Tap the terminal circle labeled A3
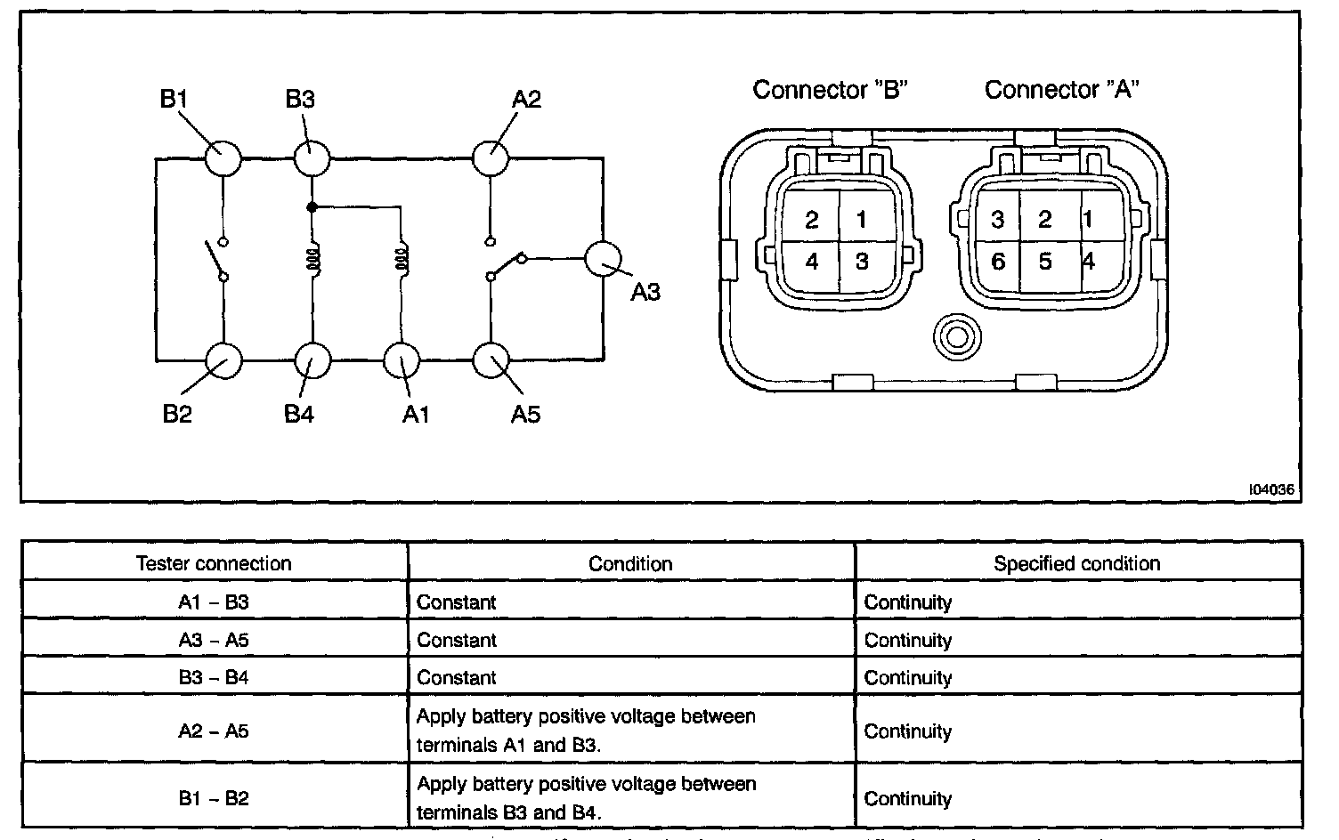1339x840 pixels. pos(602,259)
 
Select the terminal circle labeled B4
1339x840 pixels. pos(312,361)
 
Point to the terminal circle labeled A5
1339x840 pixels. pos(491,361)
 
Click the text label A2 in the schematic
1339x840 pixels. pos(526,98)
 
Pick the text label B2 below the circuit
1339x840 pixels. pos(177,414)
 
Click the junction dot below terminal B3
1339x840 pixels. pos(312,207)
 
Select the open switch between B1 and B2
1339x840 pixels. pos(214,259)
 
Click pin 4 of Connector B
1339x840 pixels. pos(811,262)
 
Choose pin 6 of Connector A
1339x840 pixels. pos(997,261)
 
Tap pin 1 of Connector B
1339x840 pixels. pos(861,219)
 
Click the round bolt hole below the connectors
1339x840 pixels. pos(957,337)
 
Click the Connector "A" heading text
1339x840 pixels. pos(1062,90)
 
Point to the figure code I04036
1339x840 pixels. pos(1270,489)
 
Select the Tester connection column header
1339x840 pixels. pos(214,563)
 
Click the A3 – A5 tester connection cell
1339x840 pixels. pos(214,640)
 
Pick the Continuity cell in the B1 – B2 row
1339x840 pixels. pos(908,798)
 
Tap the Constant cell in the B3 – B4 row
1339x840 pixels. pos(457,678)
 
